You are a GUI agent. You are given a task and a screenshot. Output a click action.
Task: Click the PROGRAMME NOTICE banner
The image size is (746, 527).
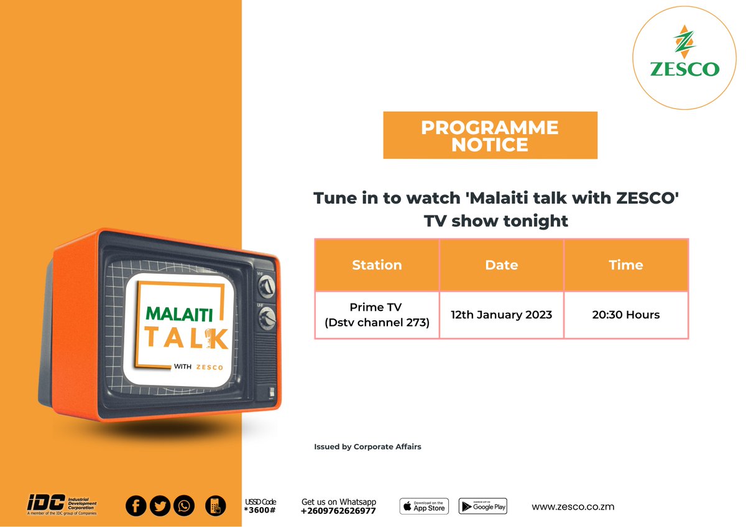(490, 135)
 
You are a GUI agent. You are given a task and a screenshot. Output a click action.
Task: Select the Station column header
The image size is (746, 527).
(377, 265)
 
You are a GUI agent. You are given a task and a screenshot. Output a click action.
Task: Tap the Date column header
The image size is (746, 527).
(501, 265)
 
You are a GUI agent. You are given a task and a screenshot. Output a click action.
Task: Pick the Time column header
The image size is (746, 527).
(625, 265)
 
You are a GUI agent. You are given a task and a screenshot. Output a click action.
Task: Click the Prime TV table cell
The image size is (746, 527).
(376, 315)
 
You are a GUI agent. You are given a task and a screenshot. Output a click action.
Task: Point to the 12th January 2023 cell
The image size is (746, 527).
(501, 315)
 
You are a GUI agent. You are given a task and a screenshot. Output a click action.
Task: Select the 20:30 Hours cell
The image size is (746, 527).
(625, 315)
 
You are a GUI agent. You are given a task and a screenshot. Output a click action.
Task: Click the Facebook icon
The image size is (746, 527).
(136, 506)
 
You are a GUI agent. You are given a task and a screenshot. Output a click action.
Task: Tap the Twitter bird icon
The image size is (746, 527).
(160, 506)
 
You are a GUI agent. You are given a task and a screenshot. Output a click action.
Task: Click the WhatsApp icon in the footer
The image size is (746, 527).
(184, 506)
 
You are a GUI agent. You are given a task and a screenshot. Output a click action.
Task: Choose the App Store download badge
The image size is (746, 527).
(424, 506)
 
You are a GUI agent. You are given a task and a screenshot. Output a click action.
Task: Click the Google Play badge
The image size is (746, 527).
(483, 506)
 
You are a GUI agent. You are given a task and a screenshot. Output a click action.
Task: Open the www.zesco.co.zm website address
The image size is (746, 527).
(573, 507)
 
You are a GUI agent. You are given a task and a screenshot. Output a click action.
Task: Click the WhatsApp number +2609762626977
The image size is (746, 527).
(338, 511)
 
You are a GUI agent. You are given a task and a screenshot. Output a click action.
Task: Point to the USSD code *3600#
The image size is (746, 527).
(260, 510)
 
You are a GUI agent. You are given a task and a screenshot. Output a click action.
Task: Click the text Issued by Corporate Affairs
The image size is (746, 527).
(367, 446)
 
